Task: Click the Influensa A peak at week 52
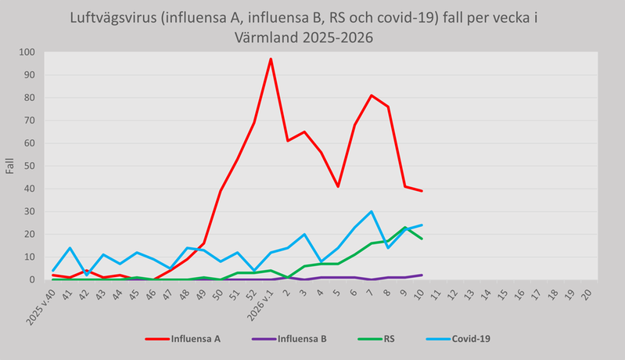coord(271,59)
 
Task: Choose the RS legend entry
coord(389,340)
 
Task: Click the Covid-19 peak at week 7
coord(372,211)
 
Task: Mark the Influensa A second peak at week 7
coord(372,95)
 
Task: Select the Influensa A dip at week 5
coord(338,186)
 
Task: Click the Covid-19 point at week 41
coord(70,247)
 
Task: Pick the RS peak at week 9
coord(405,228)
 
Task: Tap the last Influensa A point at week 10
coord(422,191)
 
